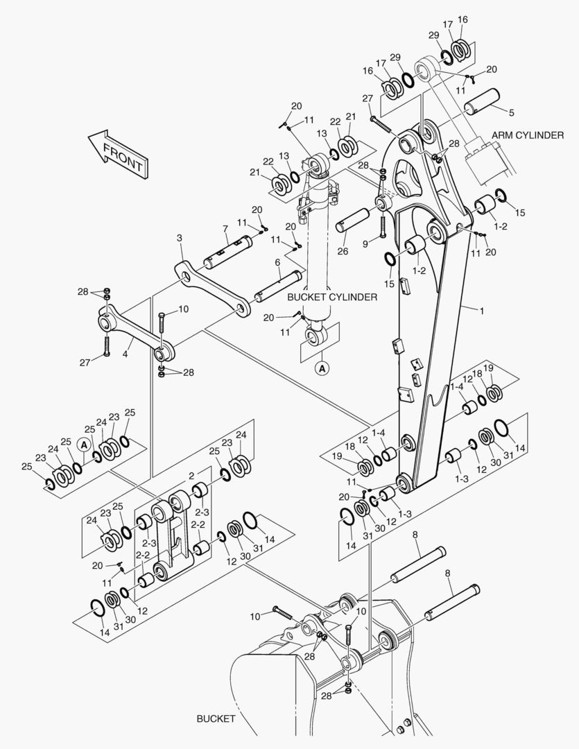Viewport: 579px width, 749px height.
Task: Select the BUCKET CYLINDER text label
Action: pos(332,297)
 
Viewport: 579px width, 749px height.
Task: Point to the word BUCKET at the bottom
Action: pos(216,718)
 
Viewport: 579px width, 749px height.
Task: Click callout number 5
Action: pos(512,112)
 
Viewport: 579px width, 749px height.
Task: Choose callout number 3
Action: pos(180,238)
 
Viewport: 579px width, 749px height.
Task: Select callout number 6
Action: pos(277,262)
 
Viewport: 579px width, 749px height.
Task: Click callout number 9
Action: pos(365,243)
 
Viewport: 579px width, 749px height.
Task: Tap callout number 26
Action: pos(343,251)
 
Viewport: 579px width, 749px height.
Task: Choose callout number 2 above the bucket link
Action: pos(191,476)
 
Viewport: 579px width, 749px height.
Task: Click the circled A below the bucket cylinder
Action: pos(322,369)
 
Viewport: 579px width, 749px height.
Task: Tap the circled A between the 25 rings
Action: pos(83,444)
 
